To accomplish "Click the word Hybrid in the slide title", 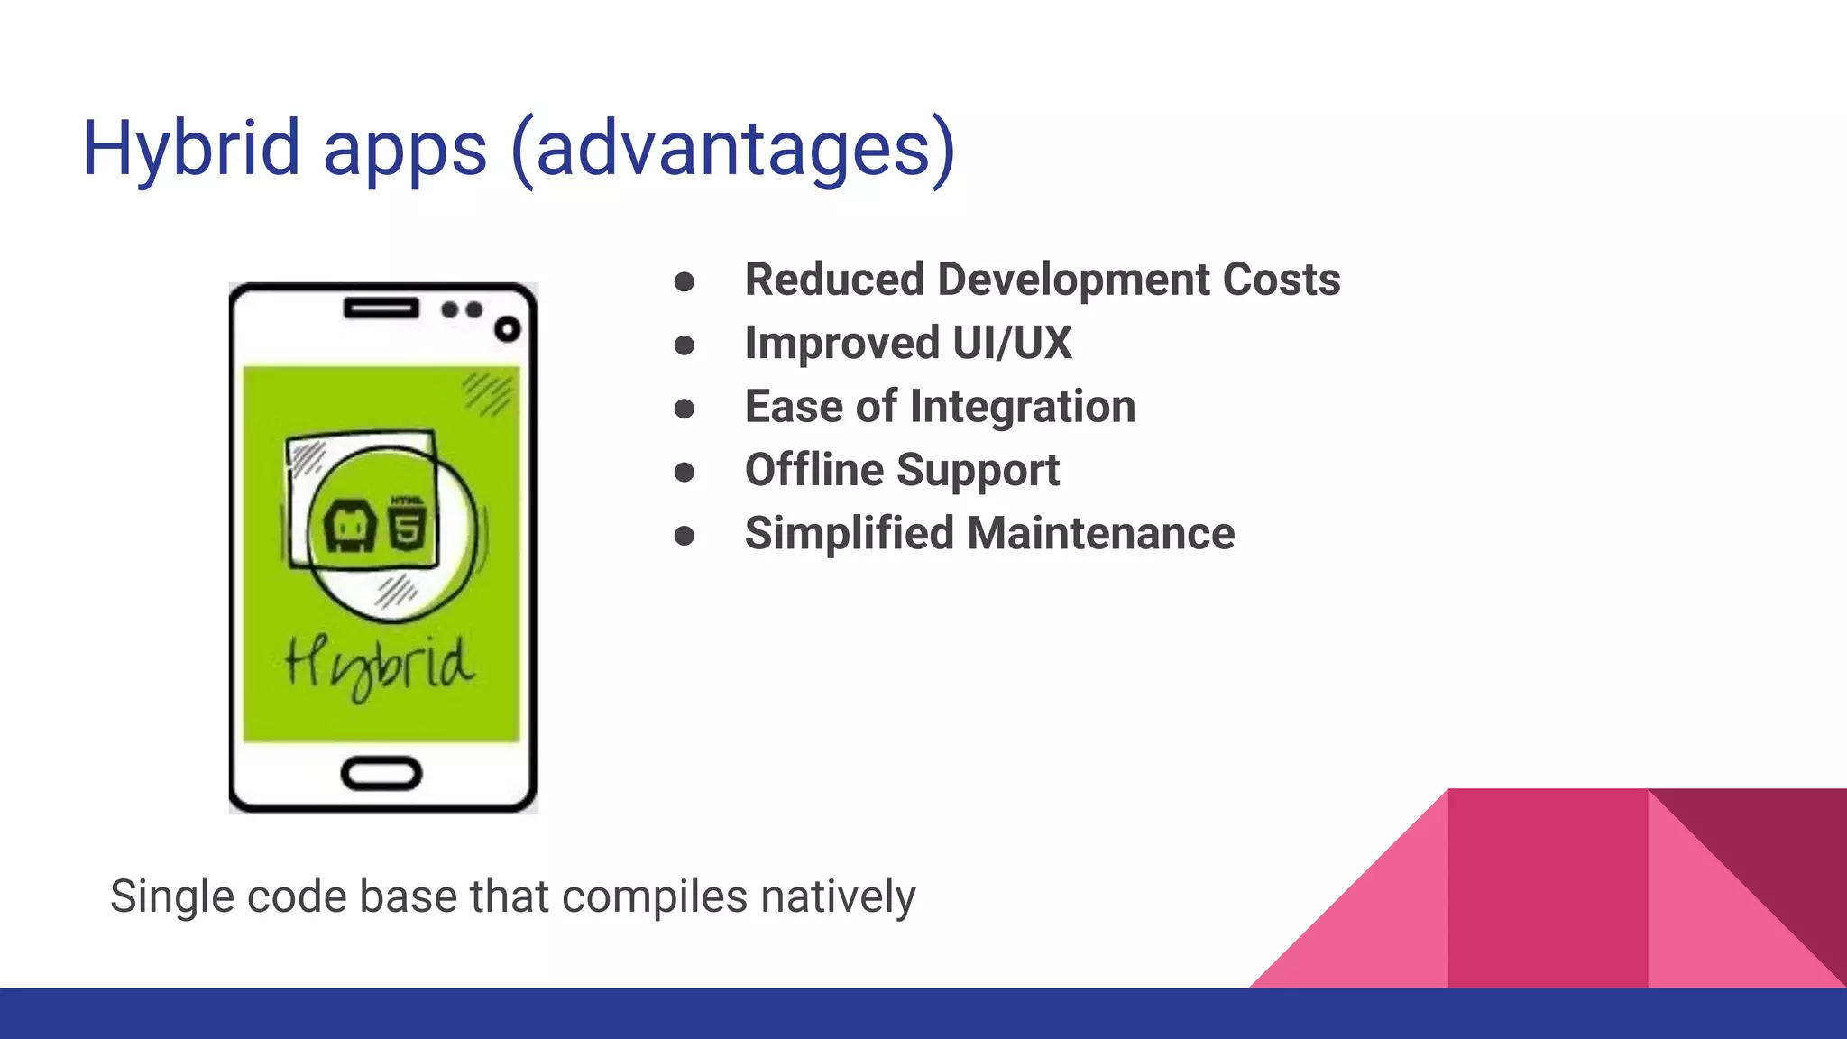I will click(x=190, y=149).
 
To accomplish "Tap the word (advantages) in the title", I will click(x=732, y=149).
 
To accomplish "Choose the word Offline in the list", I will click(x=814, y=470).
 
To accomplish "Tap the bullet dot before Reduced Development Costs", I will click(x=685, y=282).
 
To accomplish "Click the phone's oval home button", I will click(x=381, y=774).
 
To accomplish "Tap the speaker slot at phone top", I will click(x=381, y=309).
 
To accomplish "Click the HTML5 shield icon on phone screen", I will click(x=407, y=526).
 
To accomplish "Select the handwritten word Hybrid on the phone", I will click(x=379, y=666).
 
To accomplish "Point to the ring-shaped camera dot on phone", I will click(x=508, y=329).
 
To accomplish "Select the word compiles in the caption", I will click(x=655, y=896).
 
